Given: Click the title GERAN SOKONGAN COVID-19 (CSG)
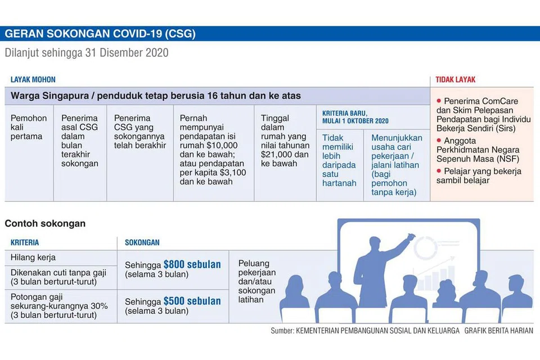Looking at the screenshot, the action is click(x=100, y=34).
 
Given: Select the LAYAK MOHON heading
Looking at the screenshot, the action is click(x=33, y=79).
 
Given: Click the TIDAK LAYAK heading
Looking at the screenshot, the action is click(x=455, y=79).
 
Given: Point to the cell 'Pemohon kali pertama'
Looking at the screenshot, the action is click(x=29, y=127).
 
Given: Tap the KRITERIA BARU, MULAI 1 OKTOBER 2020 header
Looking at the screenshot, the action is click(x=355, y=117).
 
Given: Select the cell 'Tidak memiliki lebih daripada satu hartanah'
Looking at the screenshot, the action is click(x=339, y=160).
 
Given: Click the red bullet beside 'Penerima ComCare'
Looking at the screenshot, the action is click(x=439, y=101).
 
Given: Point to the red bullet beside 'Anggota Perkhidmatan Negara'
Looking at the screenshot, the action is click(x=439, y=140).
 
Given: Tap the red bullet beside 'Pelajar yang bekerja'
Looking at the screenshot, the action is click(x=439, y=170).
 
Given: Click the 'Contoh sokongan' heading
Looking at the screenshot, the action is click(x=45, y=223).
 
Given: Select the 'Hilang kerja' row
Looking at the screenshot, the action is click(x=33, y=257).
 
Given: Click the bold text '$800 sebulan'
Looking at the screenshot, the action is click(x=192, y=264).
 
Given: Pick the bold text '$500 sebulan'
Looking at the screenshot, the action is click(x=192, y=301).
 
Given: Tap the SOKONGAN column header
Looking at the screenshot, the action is click(x=142, y=242).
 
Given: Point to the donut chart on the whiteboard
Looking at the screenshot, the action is click(x=425, y=247).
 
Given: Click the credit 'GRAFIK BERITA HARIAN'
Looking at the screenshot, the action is click(x=499, y=331).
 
